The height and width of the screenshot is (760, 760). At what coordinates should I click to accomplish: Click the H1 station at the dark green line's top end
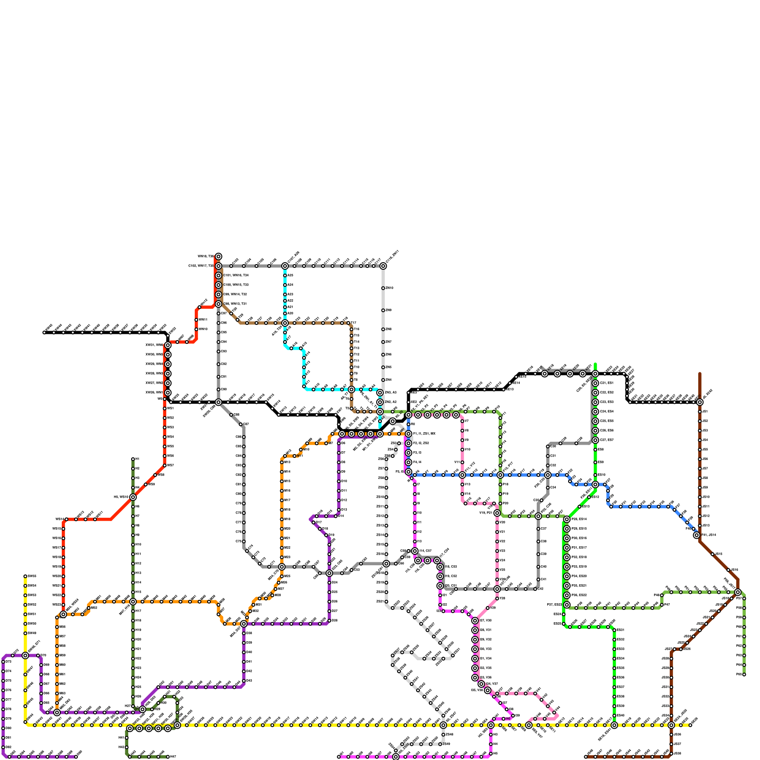coord(133,459)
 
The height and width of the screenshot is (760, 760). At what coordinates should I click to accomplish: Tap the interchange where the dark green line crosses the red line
coord(133,497)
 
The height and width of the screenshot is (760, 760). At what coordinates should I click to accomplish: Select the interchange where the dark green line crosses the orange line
coord(133,602)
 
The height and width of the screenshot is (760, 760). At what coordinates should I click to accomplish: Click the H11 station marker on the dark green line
coord(133,554)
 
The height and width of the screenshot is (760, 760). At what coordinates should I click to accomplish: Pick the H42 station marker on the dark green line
coord(127,747)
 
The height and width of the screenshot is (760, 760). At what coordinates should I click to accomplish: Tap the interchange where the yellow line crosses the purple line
coord(25,655)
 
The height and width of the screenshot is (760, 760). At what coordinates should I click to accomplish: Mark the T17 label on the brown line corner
coord(357,323)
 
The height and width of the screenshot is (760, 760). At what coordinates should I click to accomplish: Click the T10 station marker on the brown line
coord(351,367)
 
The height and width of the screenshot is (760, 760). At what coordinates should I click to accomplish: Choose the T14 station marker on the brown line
coord(351,342)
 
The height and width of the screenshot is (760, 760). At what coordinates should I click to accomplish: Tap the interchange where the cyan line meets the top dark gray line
coord(285,266)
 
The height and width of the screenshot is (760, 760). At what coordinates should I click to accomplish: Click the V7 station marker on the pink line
coord(462,421)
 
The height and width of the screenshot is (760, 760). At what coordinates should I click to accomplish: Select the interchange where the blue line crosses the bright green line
coord(595,484)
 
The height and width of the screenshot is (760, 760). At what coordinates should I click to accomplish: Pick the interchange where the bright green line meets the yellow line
coord(614,725)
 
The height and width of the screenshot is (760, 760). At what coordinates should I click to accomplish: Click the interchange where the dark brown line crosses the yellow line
coord(671,725)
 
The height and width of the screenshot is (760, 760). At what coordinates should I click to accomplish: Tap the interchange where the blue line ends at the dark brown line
coord(697,535)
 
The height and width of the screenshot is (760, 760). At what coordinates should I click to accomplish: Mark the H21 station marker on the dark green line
coord(133,649)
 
